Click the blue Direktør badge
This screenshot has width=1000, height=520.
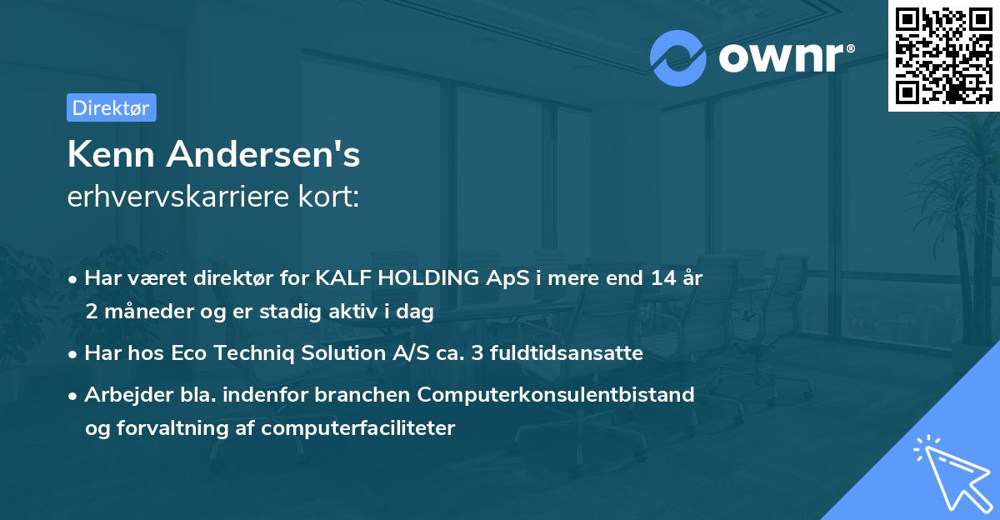coord(111,107)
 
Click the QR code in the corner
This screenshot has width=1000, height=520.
coord(942,55)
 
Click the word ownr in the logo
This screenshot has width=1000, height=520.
coord(777,57)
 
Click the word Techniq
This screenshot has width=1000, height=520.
coord(255,353)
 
